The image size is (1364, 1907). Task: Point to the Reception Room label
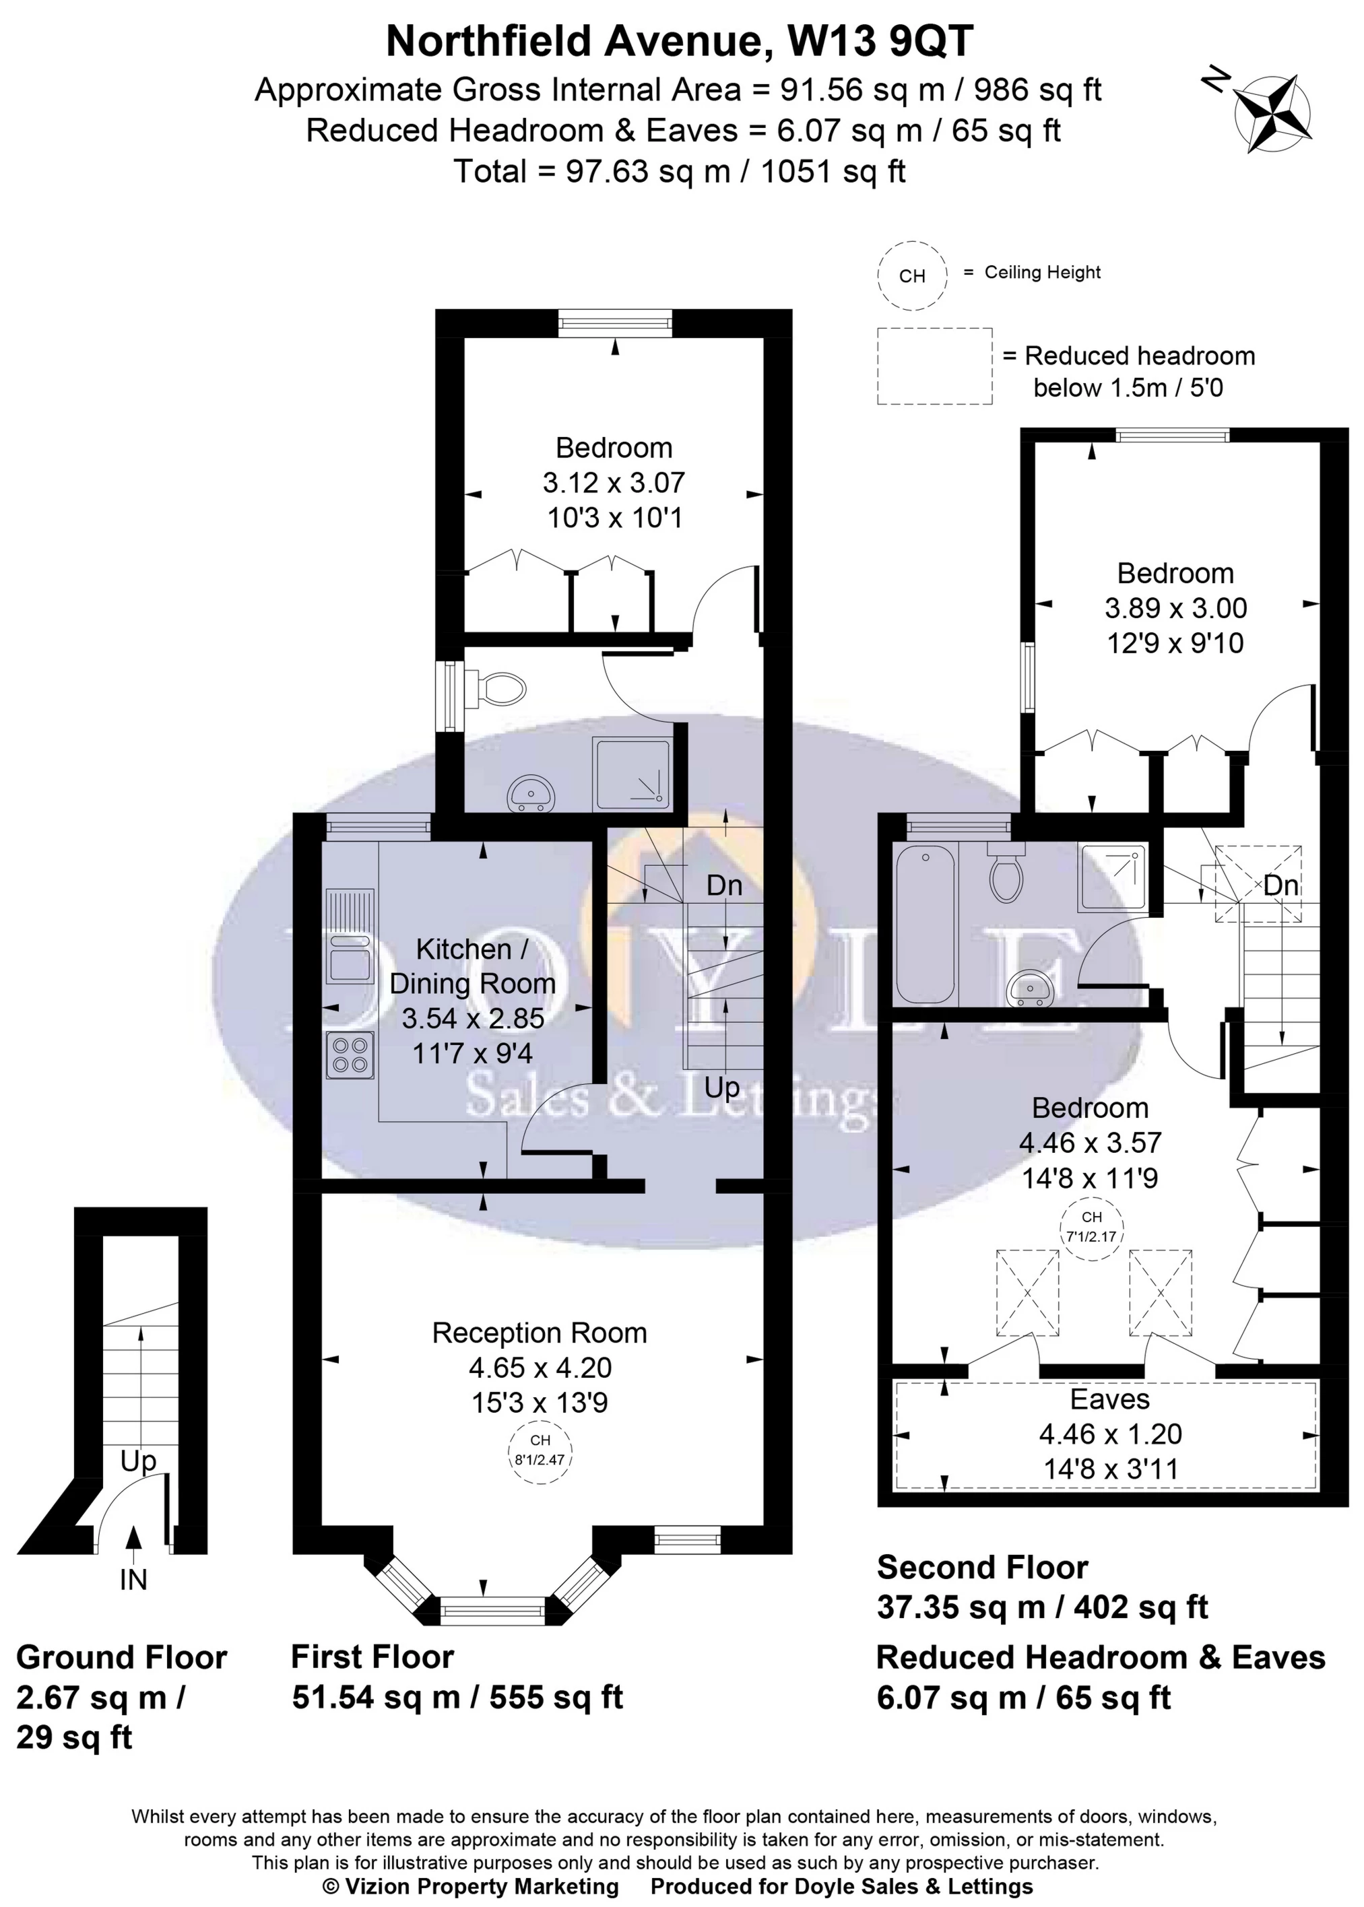tap(540, 1333)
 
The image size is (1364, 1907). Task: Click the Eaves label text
tap(1109, 1399)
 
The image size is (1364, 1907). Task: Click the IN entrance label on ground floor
tap(133, 1580)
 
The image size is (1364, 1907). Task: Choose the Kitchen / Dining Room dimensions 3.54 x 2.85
tap(473, 1019)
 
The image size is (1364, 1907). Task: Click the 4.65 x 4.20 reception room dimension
tap(540, 1368)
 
